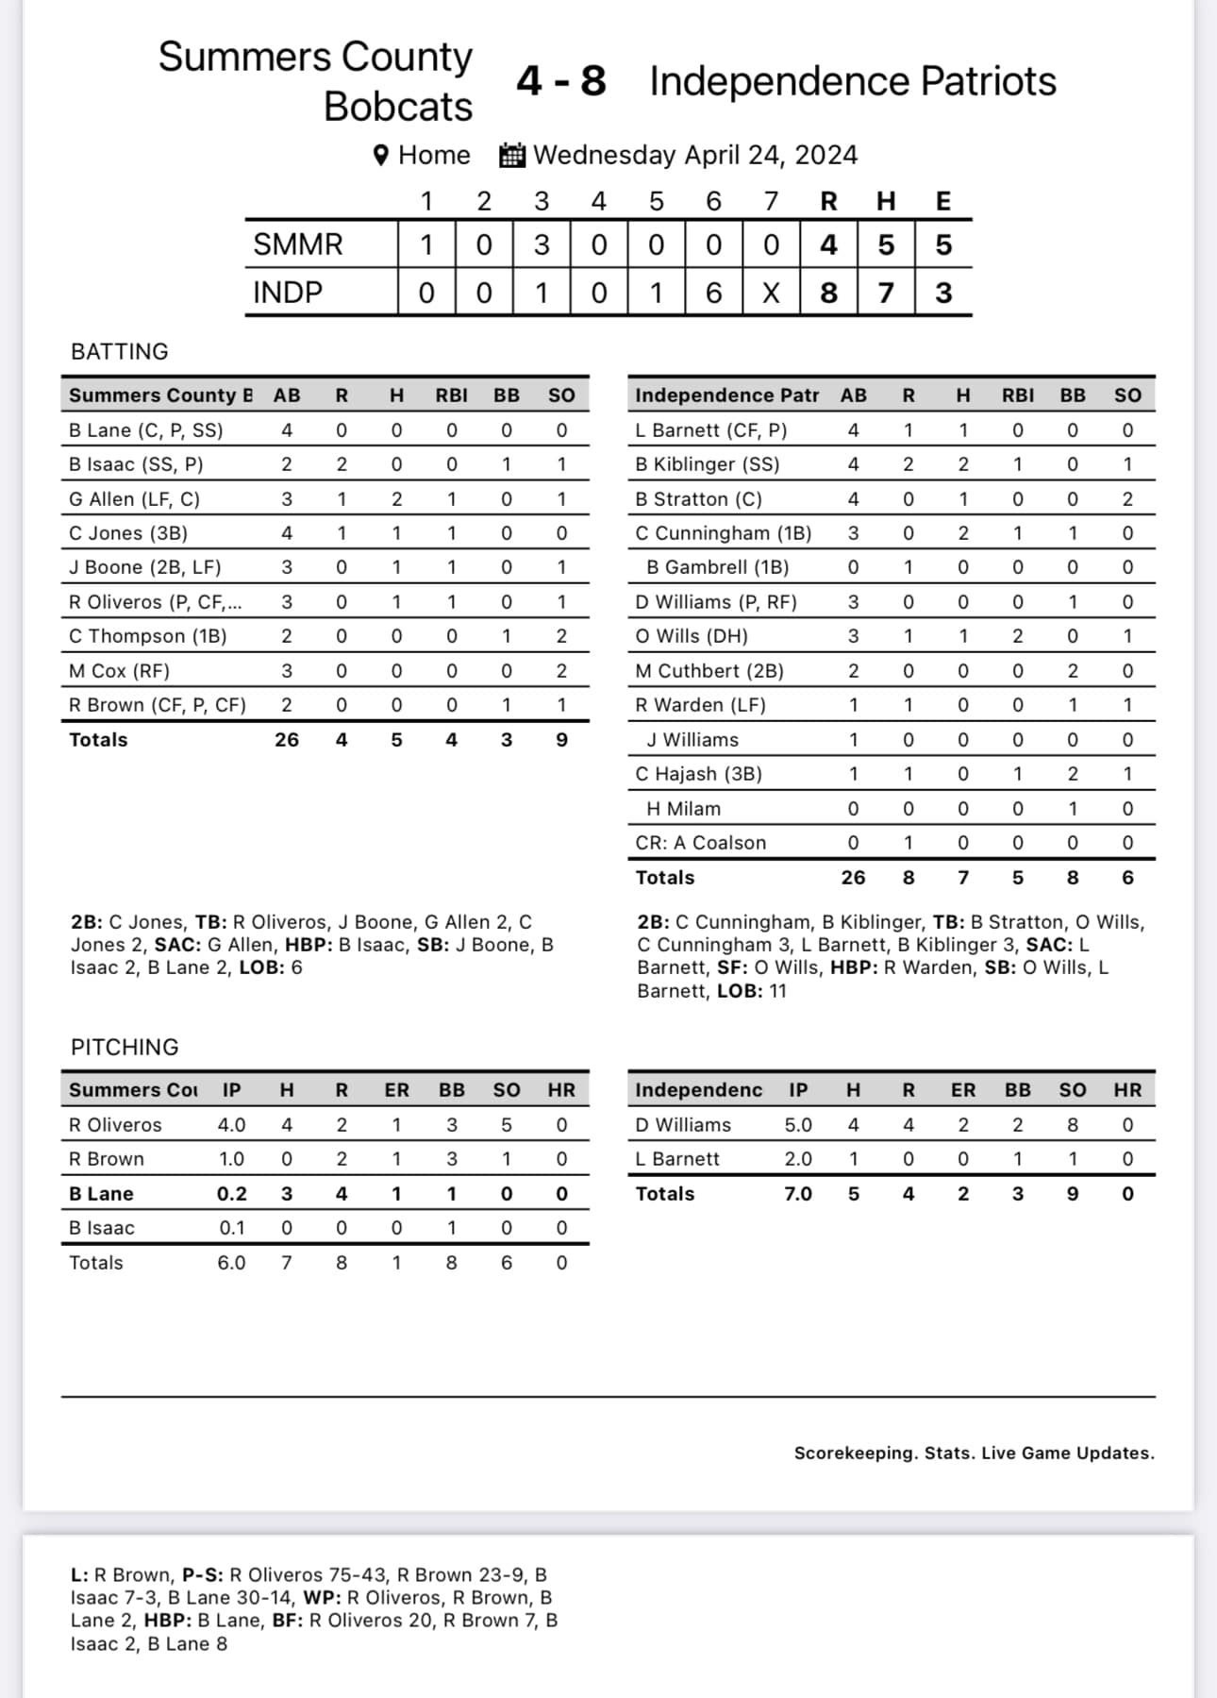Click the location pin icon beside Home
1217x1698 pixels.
[x=381, y=155]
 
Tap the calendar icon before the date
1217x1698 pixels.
[x=511, y=155]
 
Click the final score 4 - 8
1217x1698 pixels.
[x=560, y=81]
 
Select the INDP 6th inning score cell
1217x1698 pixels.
[x=713, y=293]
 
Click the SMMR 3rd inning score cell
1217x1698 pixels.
[x=542, y=245]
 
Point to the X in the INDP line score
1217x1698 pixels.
[x=771, y=293]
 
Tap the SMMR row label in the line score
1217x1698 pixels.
[x=297, y=245]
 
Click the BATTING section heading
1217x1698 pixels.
[x=120, y=351]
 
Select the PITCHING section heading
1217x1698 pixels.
[x=125, y=1047]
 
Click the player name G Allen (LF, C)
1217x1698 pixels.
[x=134, y=498]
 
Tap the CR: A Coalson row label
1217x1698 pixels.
[x=700, y=842]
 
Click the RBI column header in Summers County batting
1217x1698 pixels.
[x=451, y=395]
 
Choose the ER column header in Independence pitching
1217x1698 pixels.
[x=962, y=1090]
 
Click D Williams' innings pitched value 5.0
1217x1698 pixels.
[x=798, y=1124]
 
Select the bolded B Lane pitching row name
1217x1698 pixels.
[x=101, y=1193]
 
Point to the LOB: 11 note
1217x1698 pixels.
[x=751, y=990]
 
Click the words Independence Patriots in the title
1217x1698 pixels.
[x=853, y=81]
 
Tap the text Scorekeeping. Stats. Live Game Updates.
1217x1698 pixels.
[x=974, y=1453]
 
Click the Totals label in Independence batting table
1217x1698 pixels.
[x=664, y=877]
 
